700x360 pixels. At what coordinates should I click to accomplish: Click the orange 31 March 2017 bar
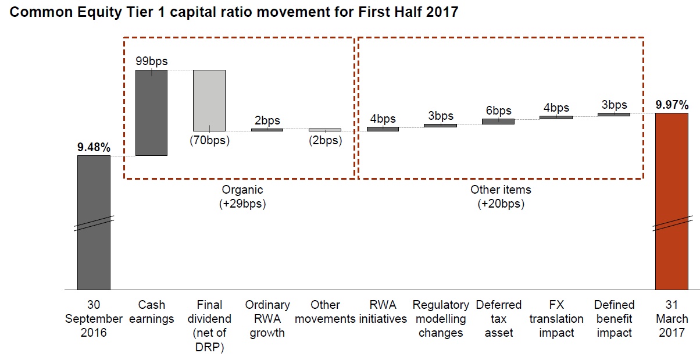(x=672, y=201)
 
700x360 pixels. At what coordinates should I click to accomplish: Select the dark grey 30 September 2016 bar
(x=94, y=223)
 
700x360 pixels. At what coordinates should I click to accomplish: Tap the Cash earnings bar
(x=152, y=112)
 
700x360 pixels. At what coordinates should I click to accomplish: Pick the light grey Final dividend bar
(x=209, y=100)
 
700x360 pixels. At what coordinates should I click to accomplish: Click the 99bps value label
(x=152, y=61)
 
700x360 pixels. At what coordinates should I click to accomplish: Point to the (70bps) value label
(x=209, y=140)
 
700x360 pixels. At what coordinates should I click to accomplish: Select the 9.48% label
(x=94, y=147)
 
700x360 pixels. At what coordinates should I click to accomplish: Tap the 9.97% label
(x=672, y=105)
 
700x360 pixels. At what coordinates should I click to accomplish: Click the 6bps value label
(x=498, y=111)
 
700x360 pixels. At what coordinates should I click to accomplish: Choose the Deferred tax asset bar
(x=498, y=122)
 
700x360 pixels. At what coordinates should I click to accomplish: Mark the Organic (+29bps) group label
(x=242, y=197)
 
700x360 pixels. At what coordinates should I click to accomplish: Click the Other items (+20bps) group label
(x=501, y=197)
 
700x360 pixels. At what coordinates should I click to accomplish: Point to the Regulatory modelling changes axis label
(x=441, y=319)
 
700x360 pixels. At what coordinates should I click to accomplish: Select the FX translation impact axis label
(x=556, y=319)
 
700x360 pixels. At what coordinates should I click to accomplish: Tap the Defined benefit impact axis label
(x=614, y=319)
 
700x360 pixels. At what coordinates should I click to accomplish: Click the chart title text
(x=234, y=12)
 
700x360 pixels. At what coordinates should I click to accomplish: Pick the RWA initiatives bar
(x=383, y=129)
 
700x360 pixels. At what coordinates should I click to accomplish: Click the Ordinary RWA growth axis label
(x=267, y=319)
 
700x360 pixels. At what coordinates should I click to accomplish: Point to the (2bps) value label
(x=326, y=140)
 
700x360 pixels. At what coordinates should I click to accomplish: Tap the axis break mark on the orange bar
(x=672, y=223)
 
